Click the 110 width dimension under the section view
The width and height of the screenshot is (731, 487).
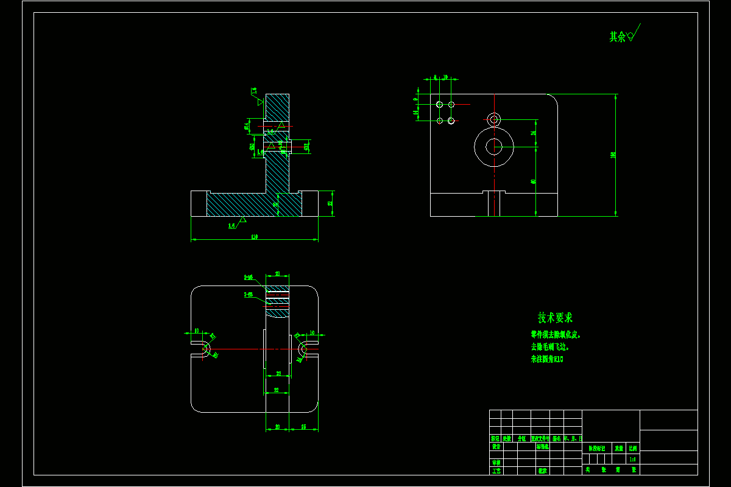(x=254, y=236)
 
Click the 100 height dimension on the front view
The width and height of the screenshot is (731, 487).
(x=613, y=155)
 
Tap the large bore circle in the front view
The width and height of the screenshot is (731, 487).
(x=494, y=147)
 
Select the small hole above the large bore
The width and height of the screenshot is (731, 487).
(x=494, y=118)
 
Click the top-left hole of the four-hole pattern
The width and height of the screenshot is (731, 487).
(x=440, y=105)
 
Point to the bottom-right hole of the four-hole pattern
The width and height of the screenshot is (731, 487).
(x=451, y=121)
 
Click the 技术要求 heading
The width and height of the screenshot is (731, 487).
(x=555, y=318)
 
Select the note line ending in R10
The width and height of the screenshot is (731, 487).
(x=547, y=359)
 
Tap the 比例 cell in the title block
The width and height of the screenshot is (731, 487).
(x=633, y=447)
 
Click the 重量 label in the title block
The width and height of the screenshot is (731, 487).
(x=618, y=447)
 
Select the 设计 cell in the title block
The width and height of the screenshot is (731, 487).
(x=496, y=446)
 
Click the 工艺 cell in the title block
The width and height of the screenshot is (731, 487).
(x=496, y=471)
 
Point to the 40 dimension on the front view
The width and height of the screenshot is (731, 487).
(x=533, y=181)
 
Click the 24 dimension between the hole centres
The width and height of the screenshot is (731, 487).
(x=533, y=132)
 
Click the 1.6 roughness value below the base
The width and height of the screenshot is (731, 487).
(x=232, y=226)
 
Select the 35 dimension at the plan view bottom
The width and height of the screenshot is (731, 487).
(x=303, y=427)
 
